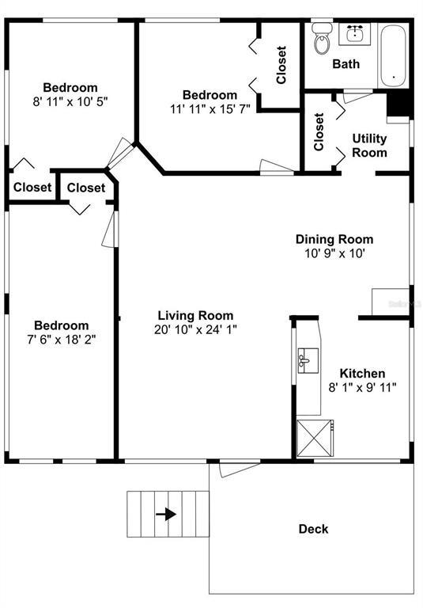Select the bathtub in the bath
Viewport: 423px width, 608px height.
(394, 55)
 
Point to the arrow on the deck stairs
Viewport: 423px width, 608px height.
(166, 514)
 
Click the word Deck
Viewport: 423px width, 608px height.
(313, 529)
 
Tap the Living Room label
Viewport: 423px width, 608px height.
(195, 315)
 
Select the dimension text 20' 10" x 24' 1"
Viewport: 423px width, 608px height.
(195, 329)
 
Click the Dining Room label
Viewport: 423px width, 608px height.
(334, 239)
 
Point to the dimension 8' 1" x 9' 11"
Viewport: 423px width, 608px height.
(362, 387)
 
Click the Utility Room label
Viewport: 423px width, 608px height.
(369, 146)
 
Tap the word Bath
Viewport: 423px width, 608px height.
(346, 63)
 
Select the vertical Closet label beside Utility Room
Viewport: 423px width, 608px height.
(319, 132)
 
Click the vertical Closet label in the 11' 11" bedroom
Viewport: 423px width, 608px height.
(281, 66)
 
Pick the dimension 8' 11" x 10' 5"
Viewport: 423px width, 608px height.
(70, 101)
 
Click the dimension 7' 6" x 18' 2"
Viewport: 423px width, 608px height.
(61, 340)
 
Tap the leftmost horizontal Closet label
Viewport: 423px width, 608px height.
(32, 188)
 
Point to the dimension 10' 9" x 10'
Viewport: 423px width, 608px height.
(334, 253)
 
